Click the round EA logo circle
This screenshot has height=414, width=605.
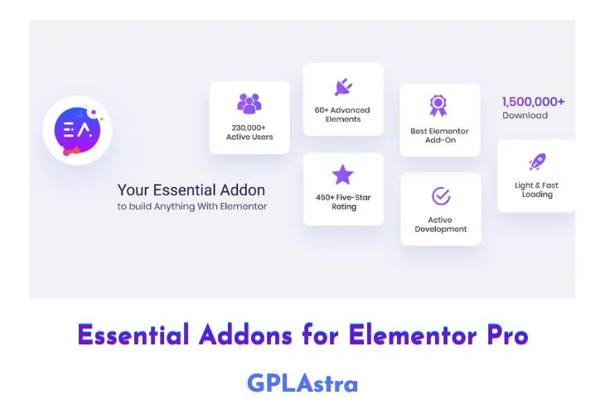(x=77, y=130)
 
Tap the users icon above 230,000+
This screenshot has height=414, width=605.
(x=249, y=103)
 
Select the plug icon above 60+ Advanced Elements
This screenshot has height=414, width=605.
(x=343, y=87)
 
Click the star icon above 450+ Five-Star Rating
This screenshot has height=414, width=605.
(x=343, y=175)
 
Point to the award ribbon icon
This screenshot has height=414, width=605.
(x=439, y=106)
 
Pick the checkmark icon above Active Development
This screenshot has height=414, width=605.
(x=441, y=196)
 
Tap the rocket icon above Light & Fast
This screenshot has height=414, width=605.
(x=537, y=161)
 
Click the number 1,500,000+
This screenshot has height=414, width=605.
(x=534, y=102)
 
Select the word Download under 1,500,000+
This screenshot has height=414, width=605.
(x=525, y=116)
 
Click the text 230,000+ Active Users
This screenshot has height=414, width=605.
(x=249, y=132)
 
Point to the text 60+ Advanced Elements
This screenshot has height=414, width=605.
(x=343, y=114)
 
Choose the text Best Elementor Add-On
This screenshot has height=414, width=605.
(x=440, y=136)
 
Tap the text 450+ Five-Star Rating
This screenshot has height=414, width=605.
(x=343, y=202)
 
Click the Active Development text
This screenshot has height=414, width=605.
(x=441, y=224)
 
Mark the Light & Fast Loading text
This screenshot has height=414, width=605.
(x=536, y=190)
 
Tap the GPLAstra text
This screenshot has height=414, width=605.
(x=302, y=383)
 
